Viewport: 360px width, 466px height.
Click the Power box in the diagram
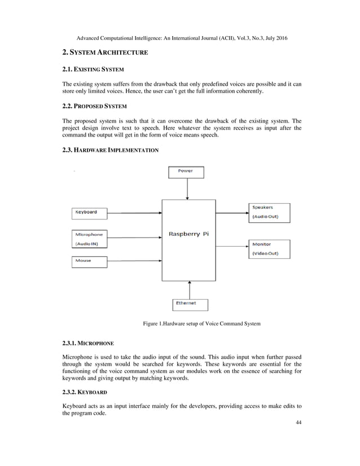click(x=187, y=172)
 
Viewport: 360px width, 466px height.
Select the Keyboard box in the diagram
click(x=89, y=213)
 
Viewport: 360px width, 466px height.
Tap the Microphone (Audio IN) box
click(x=89, y=238)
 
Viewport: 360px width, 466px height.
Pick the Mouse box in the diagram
click(x=89, y=262)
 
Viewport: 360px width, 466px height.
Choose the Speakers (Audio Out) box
click(x=269, y=212)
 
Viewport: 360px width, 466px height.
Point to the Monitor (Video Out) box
click(x=269, y=249)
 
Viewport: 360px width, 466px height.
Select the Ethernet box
click(x=190, y=304)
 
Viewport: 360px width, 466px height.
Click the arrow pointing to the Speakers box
click(x=232, y=213)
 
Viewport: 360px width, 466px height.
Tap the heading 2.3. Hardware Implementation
click(x=110, y=151)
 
